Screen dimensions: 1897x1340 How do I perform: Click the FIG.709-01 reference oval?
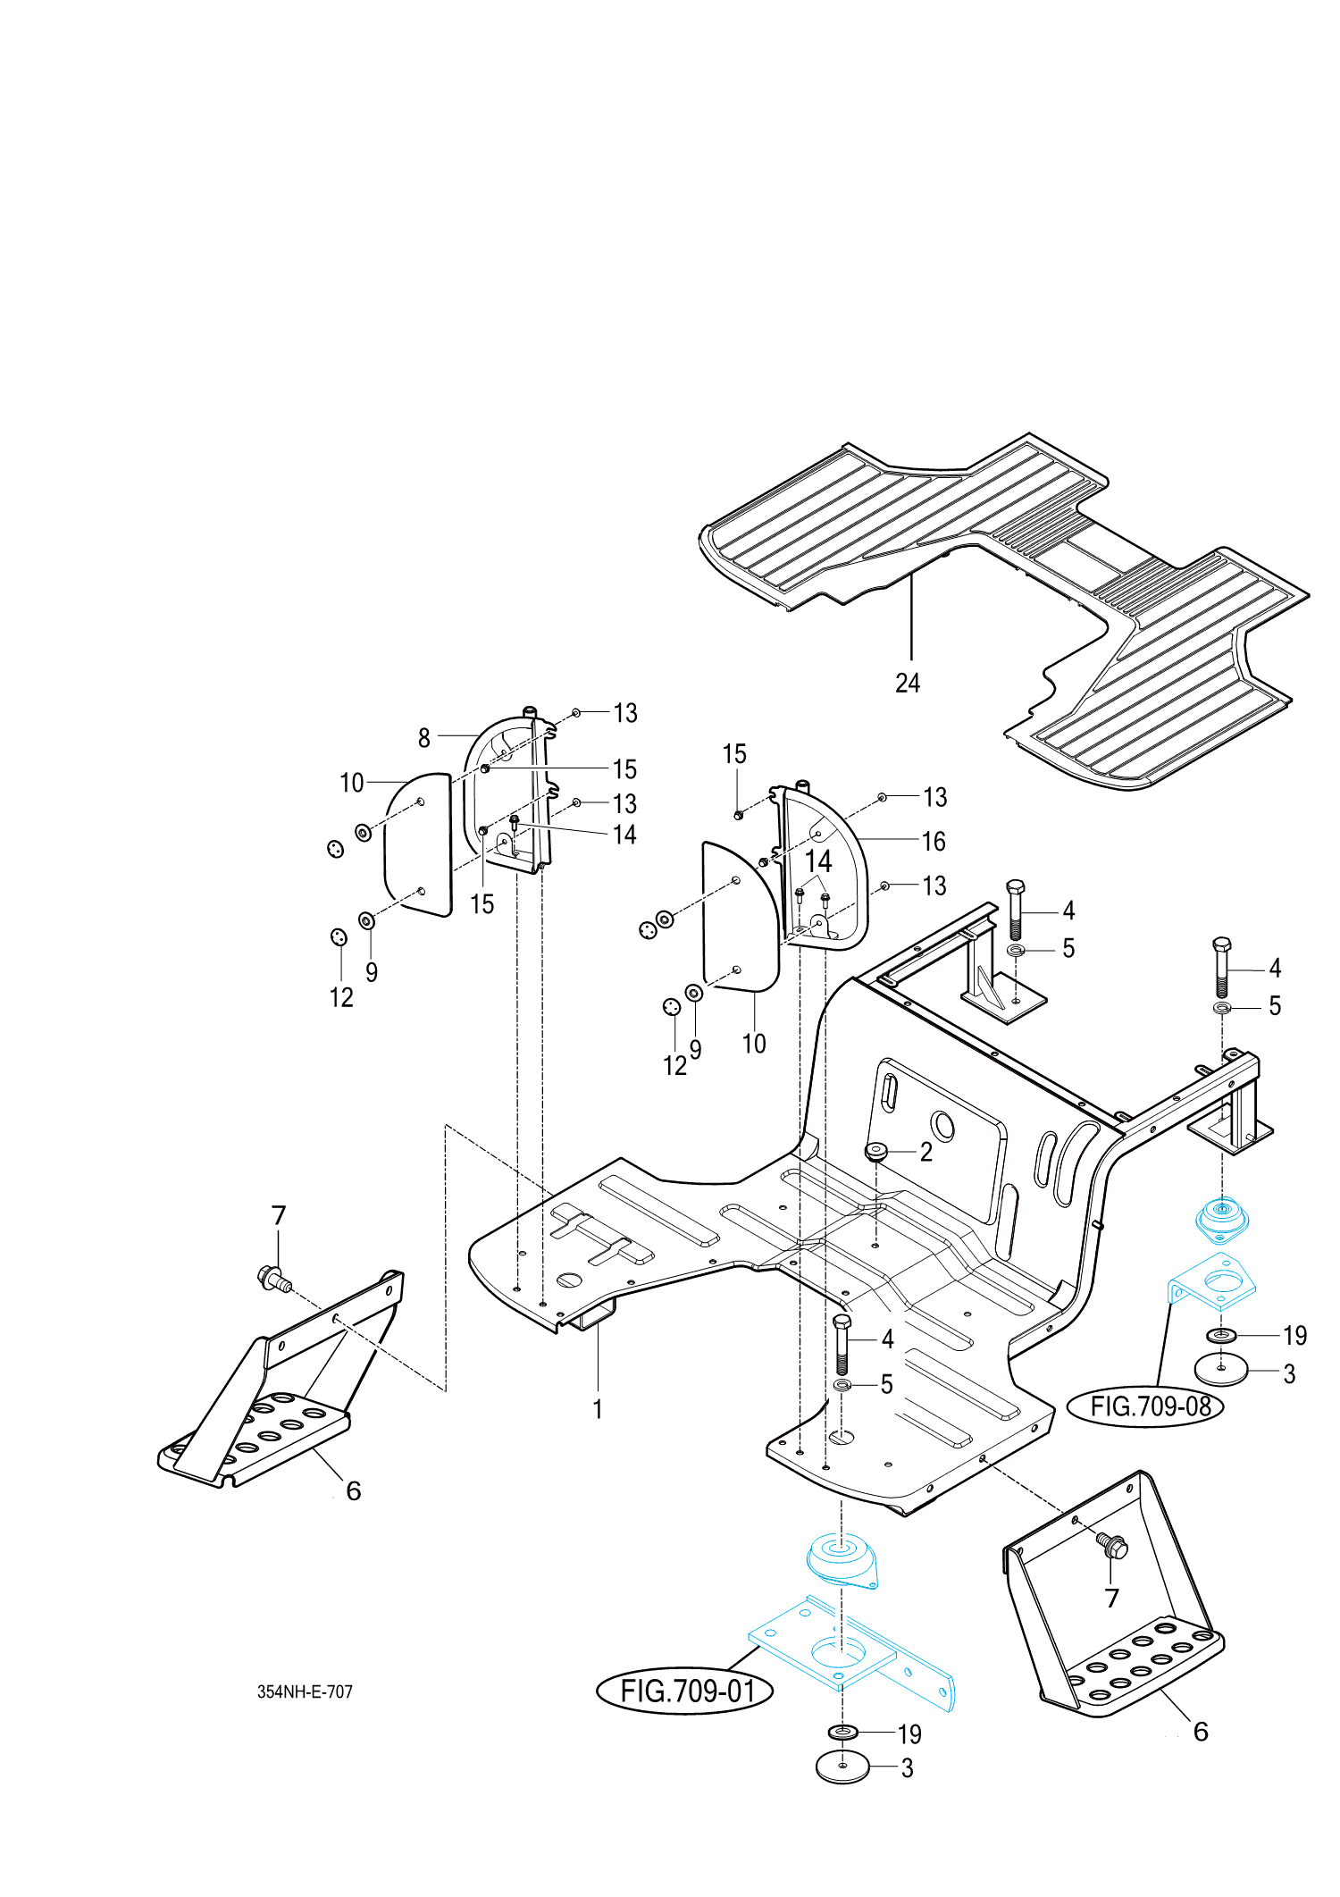click(x=685, y=1691)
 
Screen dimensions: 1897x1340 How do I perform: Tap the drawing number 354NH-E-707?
click(x=305, y=1691)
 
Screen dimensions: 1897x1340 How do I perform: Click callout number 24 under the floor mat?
click(x=908, y=683)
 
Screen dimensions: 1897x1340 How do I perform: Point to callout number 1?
click(x=598, y=1409)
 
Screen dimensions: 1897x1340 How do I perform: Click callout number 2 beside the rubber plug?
click(x=926, y=1152)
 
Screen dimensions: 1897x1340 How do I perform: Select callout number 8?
click(x=424, y=738)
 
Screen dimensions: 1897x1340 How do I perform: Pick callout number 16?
click(x=934, y=841)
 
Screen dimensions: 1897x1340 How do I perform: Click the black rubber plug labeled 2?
click(x=875, y=1151)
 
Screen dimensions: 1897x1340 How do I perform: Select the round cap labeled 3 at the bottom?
click(x=842, y=1767)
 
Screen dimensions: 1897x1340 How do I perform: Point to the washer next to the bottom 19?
click(x=842, y=1733)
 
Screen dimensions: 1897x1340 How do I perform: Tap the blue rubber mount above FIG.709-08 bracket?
click(x=1222, y=1219)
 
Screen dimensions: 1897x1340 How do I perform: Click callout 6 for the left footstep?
click(x=354, y=1490)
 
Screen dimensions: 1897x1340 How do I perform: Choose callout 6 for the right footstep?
click(x=1202, y=1732)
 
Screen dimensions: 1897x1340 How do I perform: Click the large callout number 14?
click(x=818, y=861)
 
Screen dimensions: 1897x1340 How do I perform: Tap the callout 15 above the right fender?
click(x=734, y=754)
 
